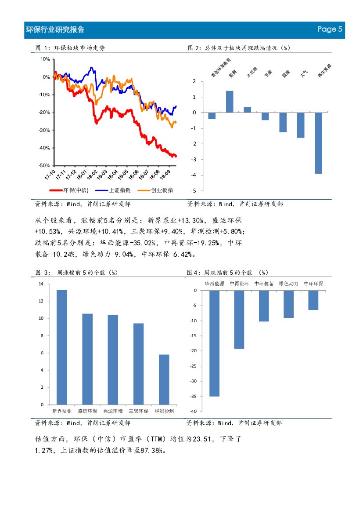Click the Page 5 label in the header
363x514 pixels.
(330, 29)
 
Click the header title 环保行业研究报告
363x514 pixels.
(55, 29)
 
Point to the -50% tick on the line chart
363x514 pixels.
(44, 166)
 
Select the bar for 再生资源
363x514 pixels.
(318, 143)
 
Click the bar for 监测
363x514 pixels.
(230, 102)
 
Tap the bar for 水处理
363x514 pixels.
(247, 110)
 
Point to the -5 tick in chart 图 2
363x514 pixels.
(194, 191)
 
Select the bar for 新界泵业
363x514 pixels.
(62, 347)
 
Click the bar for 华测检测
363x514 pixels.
(164, 379)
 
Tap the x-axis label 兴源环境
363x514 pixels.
(113, 412)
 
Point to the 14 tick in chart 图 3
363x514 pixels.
(41, 284)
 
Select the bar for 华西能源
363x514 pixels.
(214, 343)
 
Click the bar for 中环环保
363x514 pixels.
(313, 300)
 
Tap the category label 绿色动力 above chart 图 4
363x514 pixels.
(289, 284)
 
